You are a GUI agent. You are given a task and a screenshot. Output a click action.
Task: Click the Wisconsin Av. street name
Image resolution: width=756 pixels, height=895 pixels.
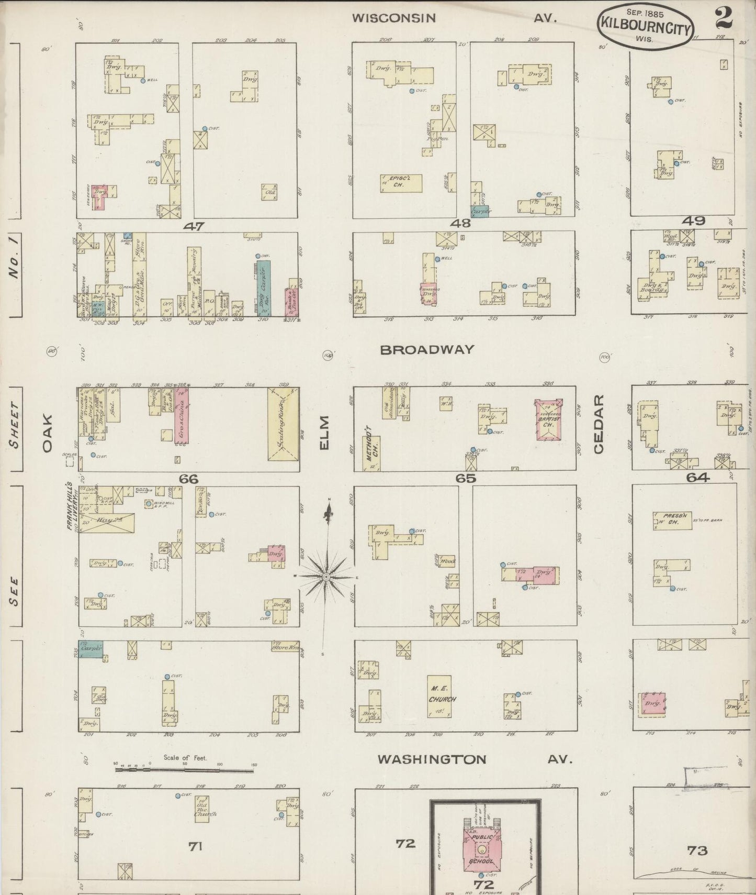(x=454, y=18)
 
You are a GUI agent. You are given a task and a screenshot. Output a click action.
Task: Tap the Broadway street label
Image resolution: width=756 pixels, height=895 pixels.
(x=427, y=350)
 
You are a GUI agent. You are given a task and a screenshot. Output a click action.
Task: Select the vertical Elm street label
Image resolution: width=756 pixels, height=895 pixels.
(x=325, y=433)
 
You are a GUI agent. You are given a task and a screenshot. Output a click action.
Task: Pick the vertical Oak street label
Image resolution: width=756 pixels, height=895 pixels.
(x=48, y=433)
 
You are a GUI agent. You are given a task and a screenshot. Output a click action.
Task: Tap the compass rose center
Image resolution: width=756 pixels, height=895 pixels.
(x=326, y=577)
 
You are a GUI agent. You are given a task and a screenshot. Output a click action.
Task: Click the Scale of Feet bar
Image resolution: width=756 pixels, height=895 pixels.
(x=185, y=770)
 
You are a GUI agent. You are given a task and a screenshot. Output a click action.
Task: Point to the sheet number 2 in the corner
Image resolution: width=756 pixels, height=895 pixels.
(x=724, y=18)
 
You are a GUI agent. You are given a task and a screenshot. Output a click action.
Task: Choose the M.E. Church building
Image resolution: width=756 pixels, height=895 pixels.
(x=439, y=696)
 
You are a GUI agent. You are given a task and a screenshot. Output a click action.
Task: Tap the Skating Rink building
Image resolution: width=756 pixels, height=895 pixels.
(x=283, y=424)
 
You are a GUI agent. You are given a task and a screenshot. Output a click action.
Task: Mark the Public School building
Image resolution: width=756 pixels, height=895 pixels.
(x=481, y=846)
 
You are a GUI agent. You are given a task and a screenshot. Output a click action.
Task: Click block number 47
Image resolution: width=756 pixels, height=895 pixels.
(x=194, y=226)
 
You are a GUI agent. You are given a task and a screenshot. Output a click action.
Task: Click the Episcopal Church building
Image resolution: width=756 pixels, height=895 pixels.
(x=401, y=183)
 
